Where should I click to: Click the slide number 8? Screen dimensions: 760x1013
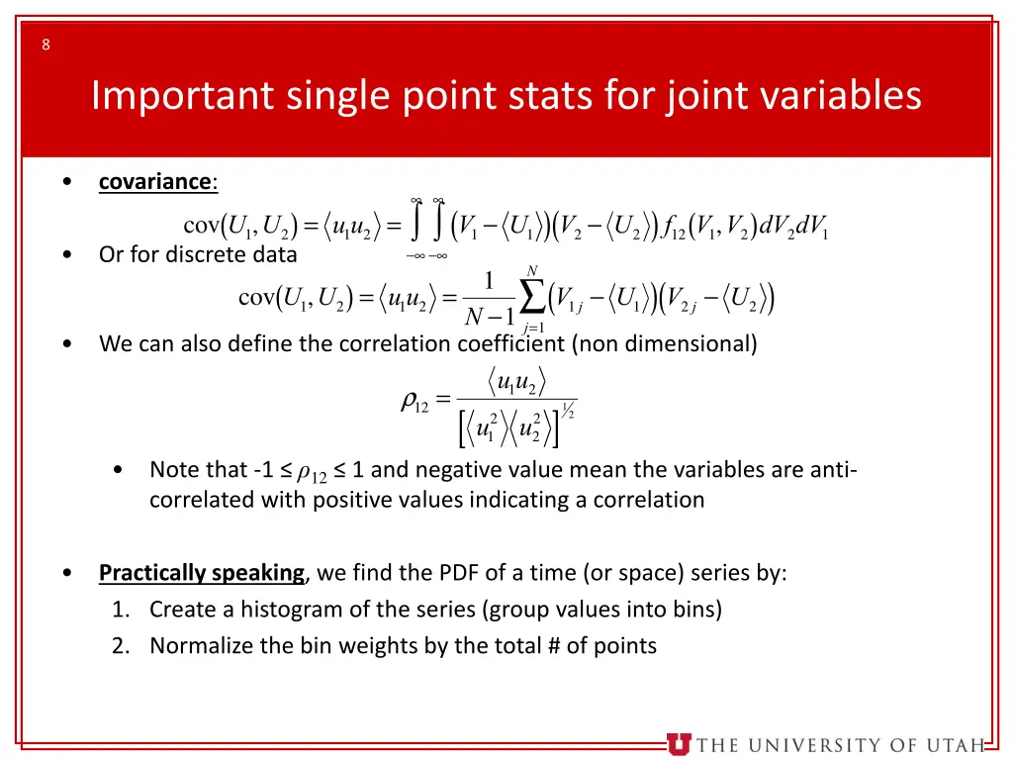click(x=46, y=44)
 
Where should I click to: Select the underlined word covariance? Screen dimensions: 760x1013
click(x=155, y=182)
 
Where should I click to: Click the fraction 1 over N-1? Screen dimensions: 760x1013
click(x=490, y=300)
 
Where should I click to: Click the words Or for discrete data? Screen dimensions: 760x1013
click(x=198, y=254)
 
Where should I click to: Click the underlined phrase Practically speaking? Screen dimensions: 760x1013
click(x=202, y=573)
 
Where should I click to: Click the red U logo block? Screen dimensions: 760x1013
click(x=679, y=744)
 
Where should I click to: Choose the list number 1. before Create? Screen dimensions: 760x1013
click(x=121, y=610)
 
